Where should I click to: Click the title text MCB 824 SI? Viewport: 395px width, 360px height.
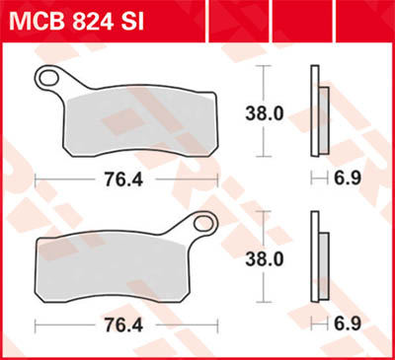point(74,20)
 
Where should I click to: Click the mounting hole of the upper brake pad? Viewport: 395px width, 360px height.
point(46,76)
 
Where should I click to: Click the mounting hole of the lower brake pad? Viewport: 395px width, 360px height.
point(205,223)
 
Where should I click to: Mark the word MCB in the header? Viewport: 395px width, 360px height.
point(35,20)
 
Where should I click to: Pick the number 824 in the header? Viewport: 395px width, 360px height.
point(85,20)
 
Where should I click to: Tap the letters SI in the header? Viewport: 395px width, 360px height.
point(128,20)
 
